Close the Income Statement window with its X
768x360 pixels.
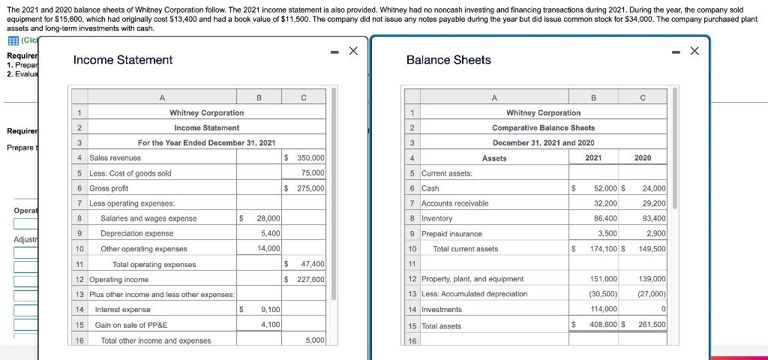point(354,51)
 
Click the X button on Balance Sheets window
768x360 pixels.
point(694,51)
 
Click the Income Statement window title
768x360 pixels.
point(123,60)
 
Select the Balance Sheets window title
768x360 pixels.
point(448,60)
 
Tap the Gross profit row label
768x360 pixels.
point(109,188)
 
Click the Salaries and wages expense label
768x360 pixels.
point(148,218)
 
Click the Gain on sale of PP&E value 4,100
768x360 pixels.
point(270,325)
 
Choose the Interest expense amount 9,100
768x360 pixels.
point(270,310)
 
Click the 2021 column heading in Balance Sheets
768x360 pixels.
point(592,158)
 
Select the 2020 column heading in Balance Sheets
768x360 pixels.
point(643,158)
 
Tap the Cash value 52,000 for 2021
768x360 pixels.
point(604,188)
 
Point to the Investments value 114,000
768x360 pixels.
point(603,310)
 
